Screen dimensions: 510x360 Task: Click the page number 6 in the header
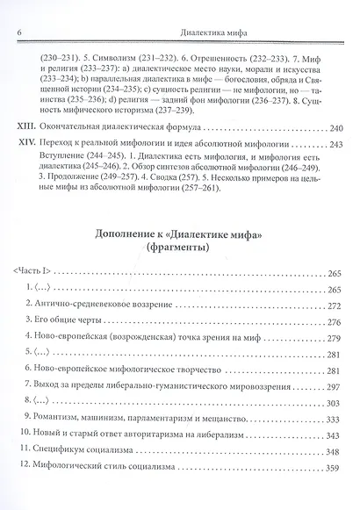[x=18, y=11]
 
